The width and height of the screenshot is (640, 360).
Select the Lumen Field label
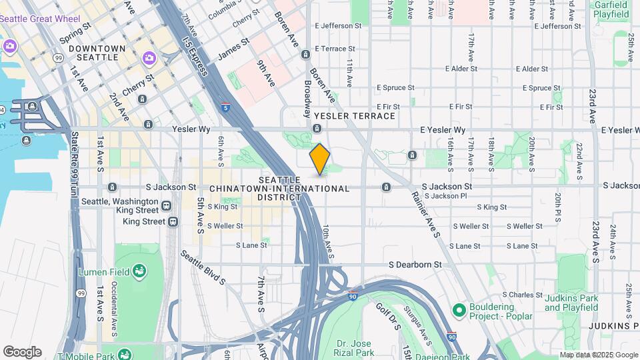[x=103, y=272]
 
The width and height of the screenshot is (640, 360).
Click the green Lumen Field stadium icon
[x=139, y=271]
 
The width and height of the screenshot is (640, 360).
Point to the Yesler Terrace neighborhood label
[x=354, y=116]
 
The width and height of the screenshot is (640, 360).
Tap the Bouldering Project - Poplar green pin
[x=459, y=310]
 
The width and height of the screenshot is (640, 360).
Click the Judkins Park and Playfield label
[x=571, y=303]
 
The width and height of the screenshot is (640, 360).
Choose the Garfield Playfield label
[x=611, y=9]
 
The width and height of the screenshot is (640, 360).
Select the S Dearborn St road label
[x=415, y=265]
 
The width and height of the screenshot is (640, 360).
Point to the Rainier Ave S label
[x=425, y=214]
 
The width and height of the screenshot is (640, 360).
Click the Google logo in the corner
[x=22, y=352]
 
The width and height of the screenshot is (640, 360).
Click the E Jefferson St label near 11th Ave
[x=338, y=26]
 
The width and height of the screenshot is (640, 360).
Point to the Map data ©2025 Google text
[x=599, y=355]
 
